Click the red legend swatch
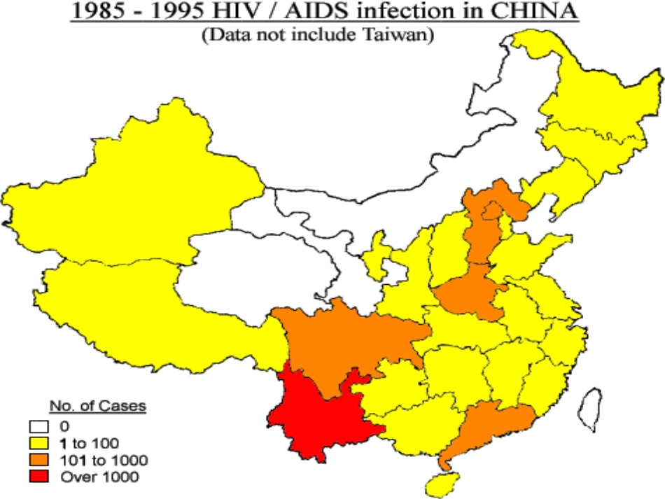(x=39, y=477)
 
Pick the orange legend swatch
(x=39, y=460)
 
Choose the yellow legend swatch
(x=39, y=442)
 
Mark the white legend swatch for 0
(x=39, y=425)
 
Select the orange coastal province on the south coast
(x=490, y=427)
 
